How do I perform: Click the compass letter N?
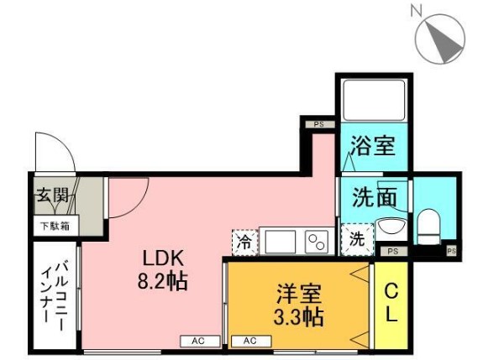[416, 12]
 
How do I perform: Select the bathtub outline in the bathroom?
[374, 100]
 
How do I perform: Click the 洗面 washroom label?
[375, 196]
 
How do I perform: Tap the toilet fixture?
[428, 227]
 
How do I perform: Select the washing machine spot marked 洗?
[358, 239]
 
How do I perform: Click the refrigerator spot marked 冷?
[244, 243]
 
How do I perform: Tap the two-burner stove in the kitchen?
[317, 242]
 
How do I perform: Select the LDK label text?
[163, 258]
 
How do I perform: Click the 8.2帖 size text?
[163, 281]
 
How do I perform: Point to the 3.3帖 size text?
[298, 316]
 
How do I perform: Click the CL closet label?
[391, 302]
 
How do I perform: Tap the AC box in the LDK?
[200, 342]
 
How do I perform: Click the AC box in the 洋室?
[251, 342]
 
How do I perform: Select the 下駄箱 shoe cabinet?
[55, 227]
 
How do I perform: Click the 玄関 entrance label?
[53, 195]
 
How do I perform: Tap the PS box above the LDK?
[319, 124]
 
